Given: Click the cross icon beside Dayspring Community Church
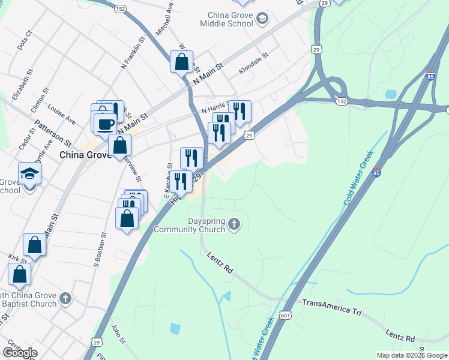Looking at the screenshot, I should point(234,226).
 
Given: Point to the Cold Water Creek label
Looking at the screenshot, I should point(358,178).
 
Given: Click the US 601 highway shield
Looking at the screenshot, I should point(285,315).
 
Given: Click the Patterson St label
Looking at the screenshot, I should point(53,131).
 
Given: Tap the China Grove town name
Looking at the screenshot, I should point(85,155).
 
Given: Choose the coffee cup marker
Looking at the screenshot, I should point(105,122).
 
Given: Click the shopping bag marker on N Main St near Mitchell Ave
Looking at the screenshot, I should point(181,62).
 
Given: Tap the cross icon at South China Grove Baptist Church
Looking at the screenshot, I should point(65,298).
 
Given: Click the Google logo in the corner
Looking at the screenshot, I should point(20,353).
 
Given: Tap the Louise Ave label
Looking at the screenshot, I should point(62,116).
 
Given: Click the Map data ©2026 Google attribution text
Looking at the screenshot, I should point(412,355).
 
